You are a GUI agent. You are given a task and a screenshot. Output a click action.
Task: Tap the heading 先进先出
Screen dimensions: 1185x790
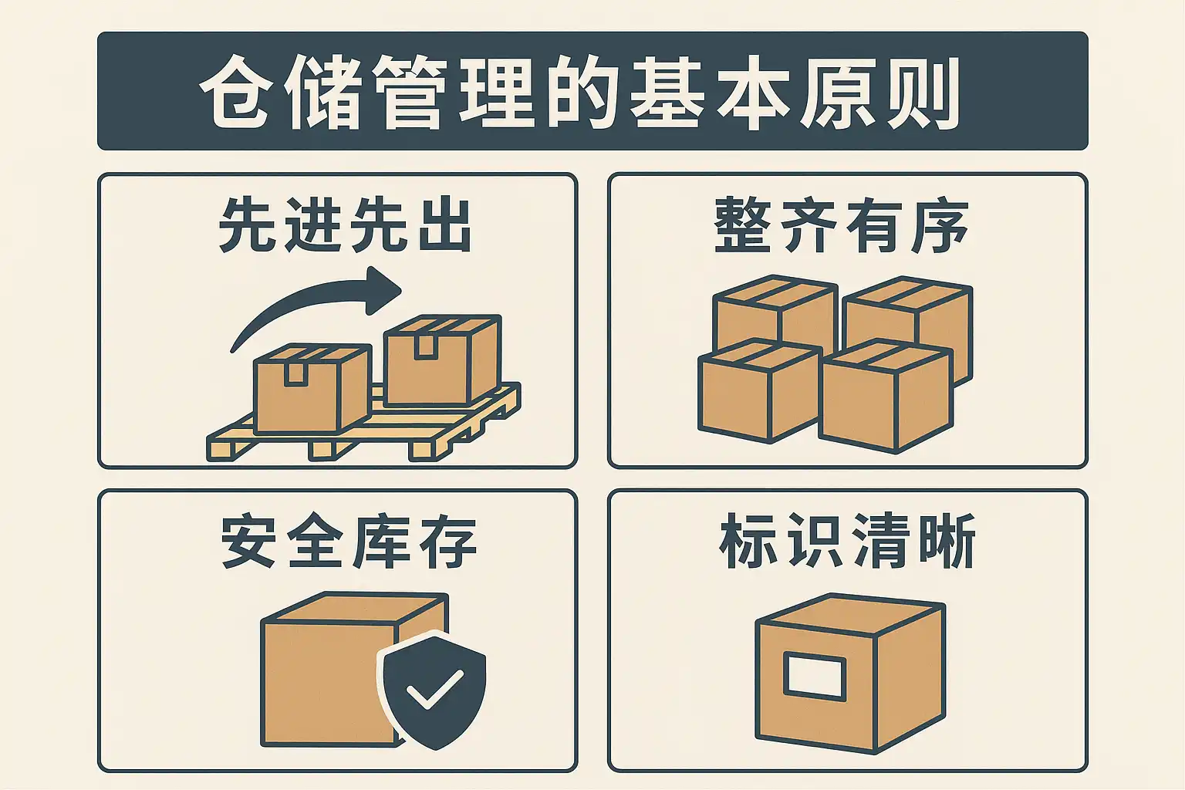pos(345,225)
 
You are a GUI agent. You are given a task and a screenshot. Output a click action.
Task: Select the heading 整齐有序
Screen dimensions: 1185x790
pos(841,225)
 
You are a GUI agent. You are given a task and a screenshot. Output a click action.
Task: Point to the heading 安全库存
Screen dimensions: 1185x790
pos(349,540)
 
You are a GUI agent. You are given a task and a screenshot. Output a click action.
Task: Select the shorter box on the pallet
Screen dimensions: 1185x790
pos(312,388)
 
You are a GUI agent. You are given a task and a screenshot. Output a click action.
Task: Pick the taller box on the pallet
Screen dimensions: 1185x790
pos(442,361)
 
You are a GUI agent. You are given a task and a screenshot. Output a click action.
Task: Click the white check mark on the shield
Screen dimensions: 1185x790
pos(435,689)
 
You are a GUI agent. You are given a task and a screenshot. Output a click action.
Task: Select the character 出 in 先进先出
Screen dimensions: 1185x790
pos(445,225)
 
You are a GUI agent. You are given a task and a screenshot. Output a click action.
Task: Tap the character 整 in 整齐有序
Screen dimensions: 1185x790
pos(741,225)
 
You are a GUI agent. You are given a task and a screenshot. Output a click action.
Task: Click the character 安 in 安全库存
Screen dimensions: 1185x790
pos(248,540)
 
